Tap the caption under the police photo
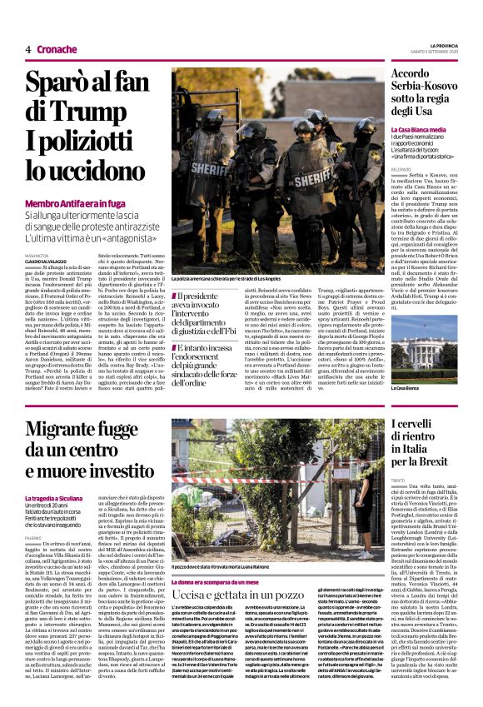point(228,277)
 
